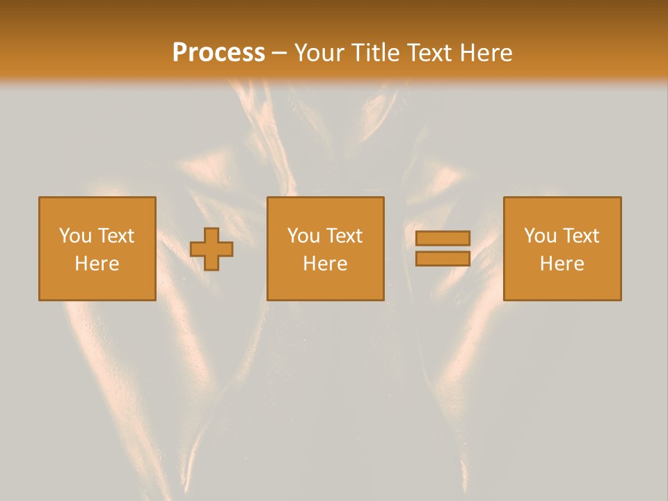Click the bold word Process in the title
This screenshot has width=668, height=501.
click(x=218, y=53)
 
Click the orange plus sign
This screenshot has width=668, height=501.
click(x=212, y=249)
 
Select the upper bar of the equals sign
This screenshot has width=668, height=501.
click(x=443, y=238)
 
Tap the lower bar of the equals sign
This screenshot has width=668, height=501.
click(x=443, y=258)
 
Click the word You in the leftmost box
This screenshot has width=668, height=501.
click(x=74, y=236)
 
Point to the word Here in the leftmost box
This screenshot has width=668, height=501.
click(x=97, y=264)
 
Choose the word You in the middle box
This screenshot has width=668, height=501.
click(x=303, y=236)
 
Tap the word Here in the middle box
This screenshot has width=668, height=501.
click(x=325, y=264)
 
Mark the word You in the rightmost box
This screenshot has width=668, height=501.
click(x=539, y=236)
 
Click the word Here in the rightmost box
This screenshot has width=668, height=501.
click(x=562, y=264)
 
